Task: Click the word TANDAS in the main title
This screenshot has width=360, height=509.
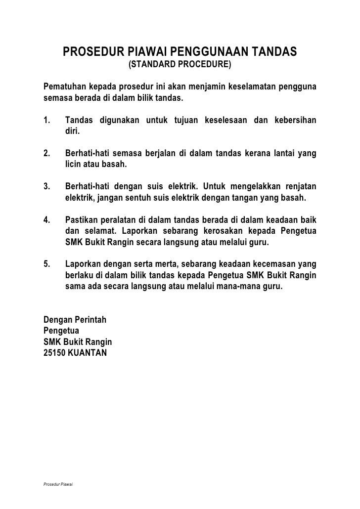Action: coord(273,51)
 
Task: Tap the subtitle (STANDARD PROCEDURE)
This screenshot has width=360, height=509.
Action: coord(180,65)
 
